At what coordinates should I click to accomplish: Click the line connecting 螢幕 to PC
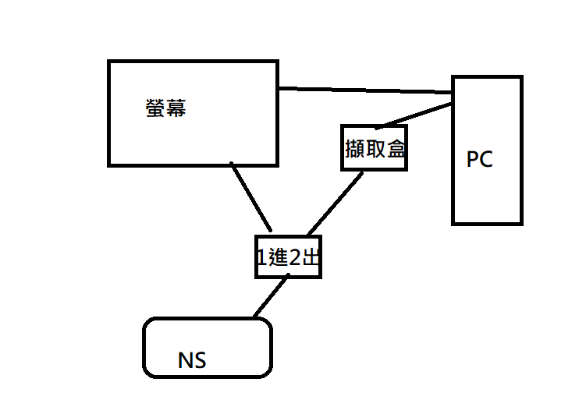click(365, 90)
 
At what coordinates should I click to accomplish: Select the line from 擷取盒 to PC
click(414, 115)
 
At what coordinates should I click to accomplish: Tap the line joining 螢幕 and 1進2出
click(250, 196)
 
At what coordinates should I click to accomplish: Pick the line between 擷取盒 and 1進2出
click(336, 202)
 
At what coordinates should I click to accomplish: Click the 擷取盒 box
click(375, 147)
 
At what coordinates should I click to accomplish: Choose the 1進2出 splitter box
click(288, 257)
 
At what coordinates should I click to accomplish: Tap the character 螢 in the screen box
click(155, 108)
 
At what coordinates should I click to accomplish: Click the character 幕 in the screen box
click(176, 108)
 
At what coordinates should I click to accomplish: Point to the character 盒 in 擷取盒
click(396, 148)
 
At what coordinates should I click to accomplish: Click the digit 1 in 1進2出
click(262, 257)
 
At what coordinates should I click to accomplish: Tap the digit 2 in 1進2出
click(295, 257)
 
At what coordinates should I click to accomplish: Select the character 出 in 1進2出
click(311, 257)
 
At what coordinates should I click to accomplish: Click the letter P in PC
click(473, 160)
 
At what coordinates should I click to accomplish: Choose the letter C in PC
click(486, 160)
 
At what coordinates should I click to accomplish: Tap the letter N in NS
click(186, 360)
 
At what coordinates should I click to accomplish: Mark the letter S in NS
click(200, 360)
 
